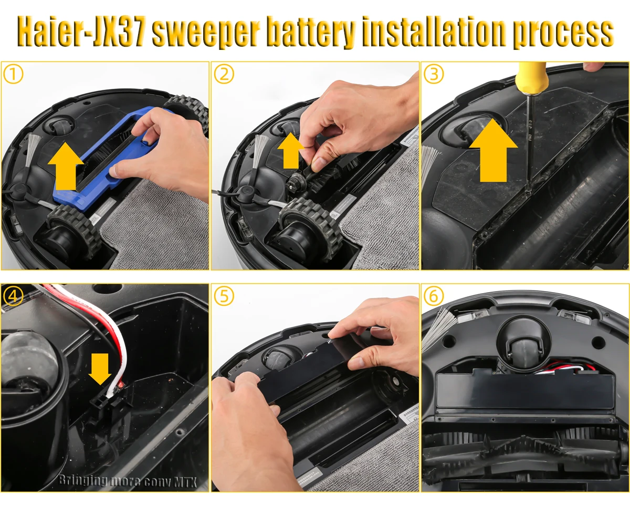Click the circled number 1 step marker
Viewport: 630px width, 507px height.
tap(13, 75)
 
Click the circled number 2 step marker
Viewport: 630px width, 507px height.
tap(224, 75)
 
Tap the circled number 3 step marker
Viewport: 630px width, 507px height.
tap(434, 75)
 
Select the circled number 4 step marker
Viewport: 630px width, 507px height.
tap(13, 296)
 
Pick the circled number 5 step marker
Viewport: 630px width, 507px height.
tap(224, 296)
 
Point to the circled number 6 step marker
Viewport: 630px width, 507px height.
tap(434, 296)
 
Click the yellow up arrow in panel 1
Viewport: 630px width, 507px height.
tap(66, 167)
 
